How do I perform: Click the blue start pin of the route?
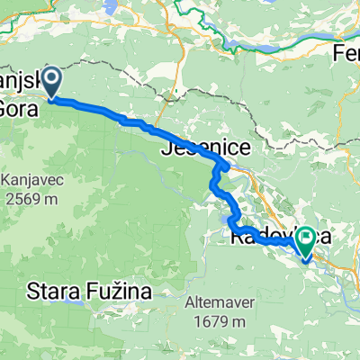tap(51, 84)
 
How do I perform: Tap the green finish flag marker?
tap(307, 240)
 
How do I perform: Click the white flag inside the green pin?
tap(307, 237)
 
